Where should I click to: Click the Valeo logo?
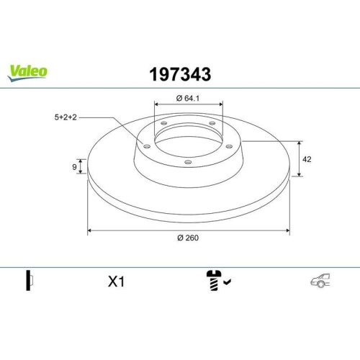tap(28, 70)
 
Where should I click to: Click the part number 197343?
tap(179, 73)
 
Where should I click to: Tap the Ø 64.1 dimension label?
tap(188, 99)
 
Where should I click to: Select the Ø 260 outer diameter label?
tap(189, 239)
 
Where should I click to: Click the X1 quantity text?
tap(116, 282)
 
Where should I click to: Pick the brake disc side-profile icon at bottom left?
tap(30, 282)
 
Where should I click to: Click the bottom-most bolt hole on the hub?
tap(189, 162)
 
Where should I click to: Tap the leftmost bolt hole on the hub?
tap(147, 147)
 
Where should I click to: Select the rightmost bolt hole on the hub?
tap(230, 147)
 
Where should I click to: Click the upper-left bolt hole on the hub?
tap(163, 124)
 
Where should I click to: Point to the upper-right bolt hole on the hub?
tap(214, 124)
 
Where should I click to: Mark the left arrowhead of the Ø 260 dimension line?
tap(90, 231)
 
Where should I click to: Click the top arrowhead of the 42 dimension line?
tap(299, 142)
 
